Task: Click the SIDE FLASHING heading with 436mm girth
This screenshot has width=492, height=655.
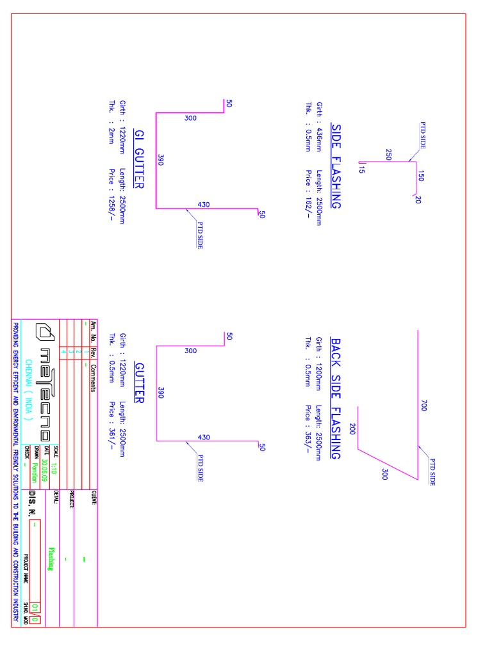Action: point(336,166)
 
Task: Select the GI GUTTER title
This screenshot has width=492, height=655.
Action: point(138,159)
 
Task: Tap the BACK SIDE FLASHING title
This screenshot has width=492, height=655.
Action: point(336,398)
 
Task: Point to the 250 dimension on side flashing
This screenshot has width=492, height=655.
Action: point(389,154)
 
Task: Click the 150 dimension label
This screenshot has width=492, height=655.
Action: point(421,175)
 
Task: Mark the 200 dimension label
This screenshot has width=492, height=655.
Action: point(352,429)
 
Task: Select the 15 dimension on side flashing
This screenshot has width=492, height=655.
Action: point(361,170)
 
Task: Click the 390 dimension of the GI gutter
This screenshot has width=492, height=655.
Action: point(161,161)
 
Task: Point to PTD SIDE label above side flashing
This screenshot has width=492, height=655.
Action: point(423,135)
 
